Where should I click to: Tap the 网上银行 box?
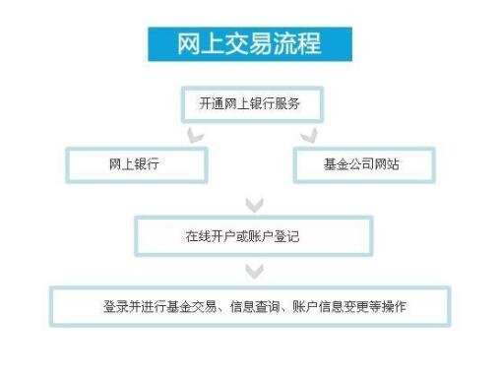tap(135, 164)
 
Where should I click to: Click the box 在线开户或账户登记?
tap(254, 237)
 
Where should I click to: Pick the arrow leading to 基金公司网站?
tap(309, 134)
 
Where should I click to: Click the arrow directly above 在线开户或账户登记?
tap(254, 205)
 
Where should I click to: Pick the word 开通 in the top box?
tap(208, 102)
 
